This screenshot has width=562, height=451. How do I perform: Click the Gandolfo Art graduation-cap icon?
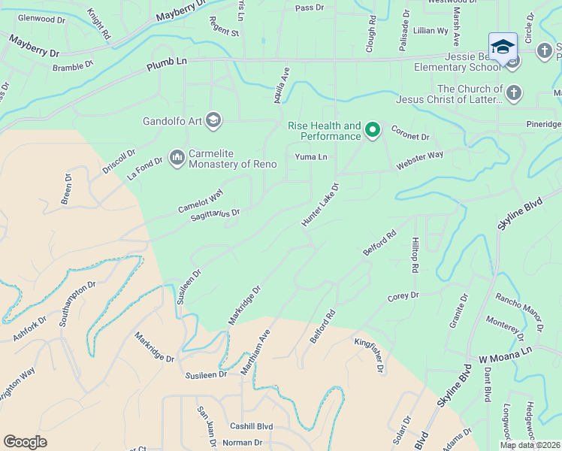(213, 120)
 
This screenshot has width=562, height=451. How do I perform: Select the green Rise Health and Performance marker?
(372, 131)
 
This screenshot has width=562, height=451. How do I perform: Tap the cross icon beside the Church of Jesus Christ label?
(513, 93)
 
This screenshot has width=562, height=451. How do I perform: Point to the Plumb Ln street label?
(165, 68)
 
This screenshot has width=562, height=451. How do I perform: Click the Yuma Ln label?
(311, 157)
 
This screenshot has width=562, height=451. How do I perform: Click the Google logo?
(26, 442)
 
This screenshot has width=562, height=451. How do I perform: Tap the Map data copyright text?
(529, 445)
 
